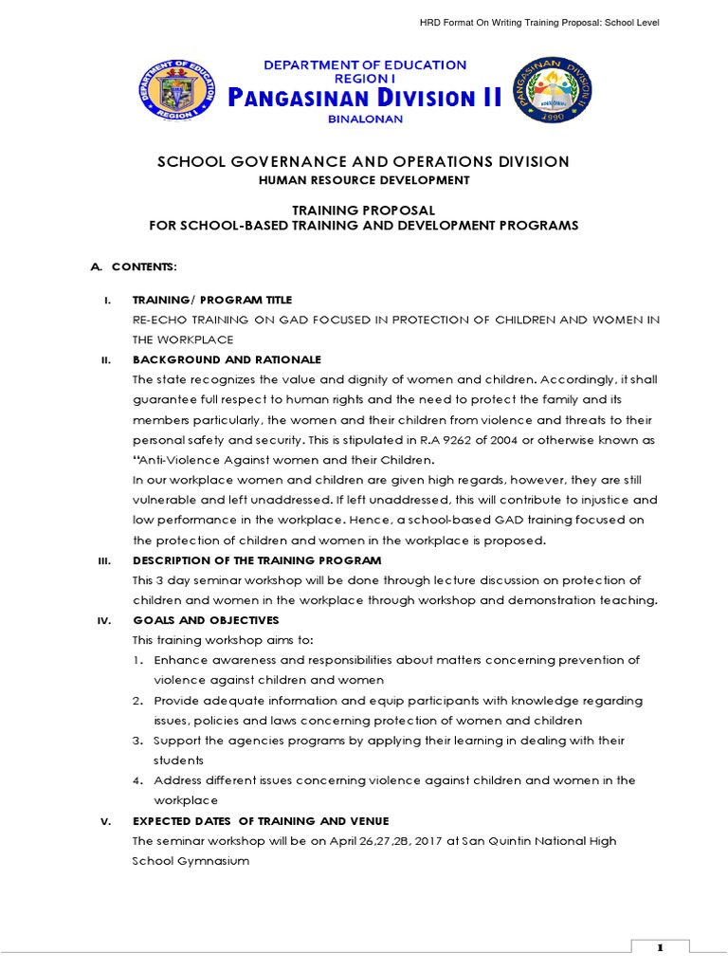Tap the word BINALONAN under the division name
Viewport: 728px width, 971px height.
pos(365,119)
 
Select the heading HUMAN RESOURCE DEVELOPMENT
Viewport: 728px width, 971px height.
pos(364,180)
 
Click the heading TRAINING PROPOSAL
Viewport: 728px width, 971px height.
pos(364,210)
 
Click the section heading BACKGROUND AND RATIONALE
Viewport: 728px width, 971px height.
pos(227,359)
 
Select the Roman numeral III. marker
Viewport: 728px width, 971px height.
pos(105,560)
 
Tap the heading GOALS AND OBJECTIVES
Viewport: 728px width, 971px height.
pos(206,620)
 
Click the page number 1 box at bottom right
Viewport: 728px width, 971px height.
pos(660,948)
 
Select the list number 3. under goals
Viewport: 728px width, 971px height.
pos(137,741)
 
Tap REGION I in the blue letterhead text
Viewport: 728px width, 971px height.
pos(364,80)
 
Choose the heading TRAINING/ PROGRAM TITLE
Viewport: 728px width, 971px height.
pos(212,300)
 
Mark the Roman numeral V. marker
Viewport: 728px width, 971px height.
pos(106,821)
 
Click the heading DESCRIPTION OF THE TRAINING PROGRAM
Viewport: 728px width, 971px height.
pos(257,560)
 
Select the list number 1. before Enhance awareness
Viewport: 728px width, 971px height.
pos(137,660)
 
